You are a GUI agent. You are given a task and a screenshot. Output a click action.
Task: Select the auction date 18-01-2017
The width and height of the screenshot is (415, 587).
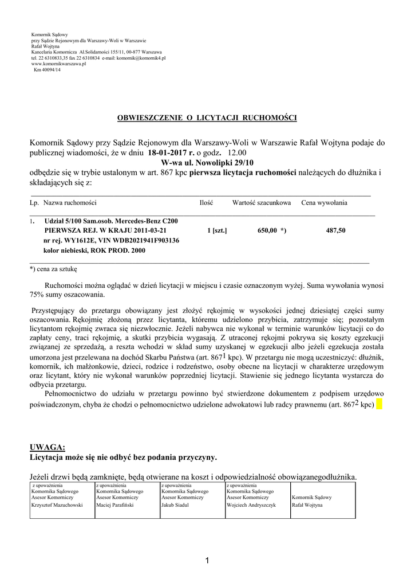point(170,153)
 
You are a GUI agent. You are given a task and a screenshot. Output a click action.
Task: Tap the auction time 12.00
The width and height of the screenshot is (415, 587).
point(237,153)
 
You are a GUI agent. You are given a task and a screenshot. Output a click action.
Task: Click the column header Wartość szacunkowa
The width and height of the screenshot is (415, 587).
point(262,203)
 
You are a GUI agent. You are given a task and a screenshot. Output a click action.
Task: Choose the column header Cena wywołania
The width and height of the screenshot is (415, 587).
point(324,203)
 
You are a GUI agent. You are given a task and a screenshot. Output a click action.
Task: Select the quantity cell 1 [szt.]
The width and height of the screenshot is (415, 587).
point(217,230)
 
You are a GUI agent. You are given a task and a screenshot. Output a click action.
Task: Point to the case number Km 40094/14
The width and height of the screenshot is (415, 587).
point(46,69)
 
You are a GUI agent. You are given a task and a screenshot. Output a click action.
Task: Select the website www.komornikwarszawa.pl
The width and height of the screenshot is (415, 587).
point(58,64)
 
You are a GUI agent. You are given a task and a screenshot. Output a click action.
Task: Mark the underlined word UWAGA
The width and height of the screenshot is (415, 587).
point(48,447)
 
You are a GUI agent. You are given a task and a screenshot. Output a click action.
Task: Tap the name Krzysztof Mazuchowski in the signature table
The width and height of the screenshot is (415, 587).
point(57,505)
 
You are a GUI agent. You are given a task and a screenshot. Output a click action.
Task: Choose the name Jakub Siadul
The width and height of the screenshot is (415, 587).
point(175,505)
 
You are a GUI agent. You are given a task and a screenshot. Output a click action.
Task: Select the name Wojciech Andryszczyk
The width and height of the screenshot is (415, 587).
point(251,505)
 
